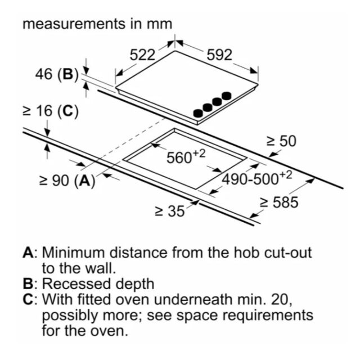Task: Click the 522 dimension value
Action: click(142, 55)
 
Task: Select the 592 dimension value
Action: click(219, 55)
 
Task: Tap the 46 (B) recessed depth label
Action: click(57, 74)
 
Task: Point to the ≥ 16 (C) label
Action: click(51, 111)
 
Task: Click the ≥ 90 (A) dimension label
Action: click(67, 180)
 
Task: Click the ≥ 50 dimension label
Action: click(281, 141)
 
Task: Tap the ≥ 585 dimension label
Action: click(279, 202)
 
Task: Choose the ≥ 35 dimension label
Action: click(170, 211)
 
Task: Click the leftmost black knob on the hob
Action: click(199, 112)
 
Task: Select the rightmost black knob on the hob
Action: click(227, 96)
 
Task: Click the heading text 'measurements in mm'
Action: click(97, 24)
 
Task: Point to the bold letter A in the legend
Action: click(28, 253)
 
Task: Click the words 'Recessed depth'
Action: click(98, 284)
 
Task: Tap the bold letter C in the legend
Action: click(28, 299)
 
